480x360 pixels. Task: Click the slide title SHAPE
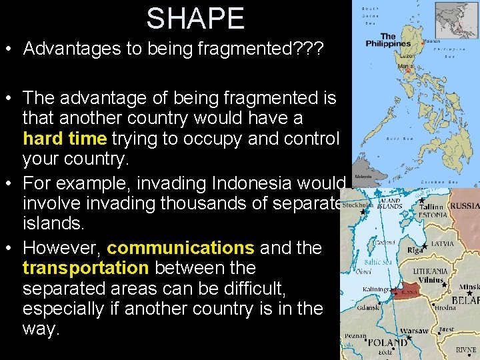[x=195, y=18]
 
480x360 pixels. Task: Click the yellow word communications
[x=180, y=248]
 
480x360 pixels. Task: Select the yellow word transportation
[x=85, y=268]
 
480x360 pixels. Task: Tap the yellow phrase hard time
[x=65, y=139]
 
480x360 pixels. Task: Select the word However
[x=62, y=248]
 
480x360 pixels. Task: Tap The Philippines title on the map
[x=387, y=40]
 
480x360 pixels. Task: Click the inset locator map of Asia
[x=456, y=20]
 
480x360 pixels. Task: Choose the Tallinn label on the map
[x=432, y=206]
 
